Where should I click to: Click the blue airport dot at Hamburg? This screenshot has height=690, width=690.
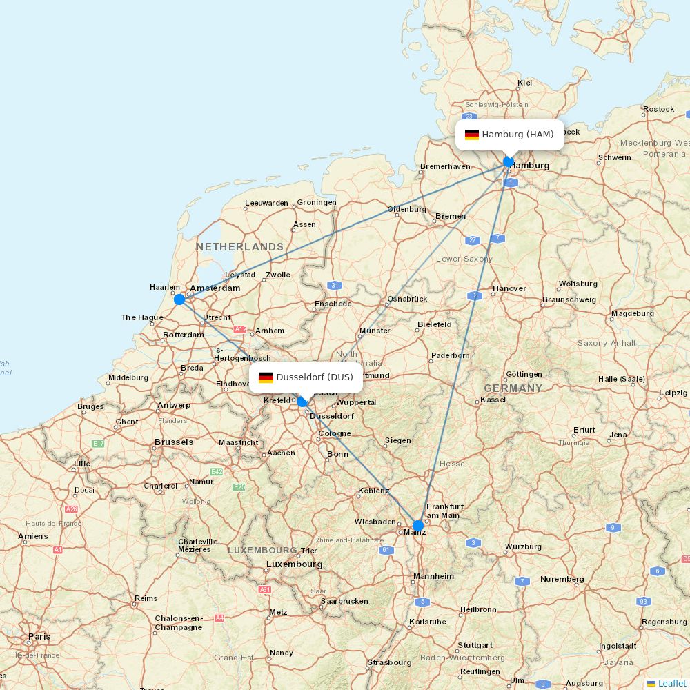[x=509, y=162]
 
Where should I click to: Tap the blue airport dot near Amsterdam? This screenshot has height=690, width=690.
[x=179, y=299]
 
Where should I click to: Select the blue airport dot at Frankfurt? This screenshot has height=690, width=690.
[x=417, y=526]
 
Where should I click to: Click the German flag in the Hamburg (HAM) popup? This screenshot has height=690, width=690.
[x=472, y=135]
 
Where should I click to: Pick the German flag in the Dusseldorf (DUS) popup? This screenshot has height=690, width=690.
[x=266, y=377]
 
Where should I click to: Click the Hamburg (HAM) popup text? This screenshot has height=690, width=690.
[x=517, y=135]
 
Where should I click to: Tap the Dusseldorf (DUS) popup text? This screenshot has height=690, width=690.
[x=315, y=377]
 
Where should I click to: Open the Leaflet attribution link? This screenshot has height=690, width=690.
[x=671, y=683]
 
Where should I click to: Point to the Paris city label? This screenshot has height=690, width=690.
[x=39, y=636]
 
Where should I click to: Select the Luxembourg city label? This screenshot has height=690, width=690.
[x=295, y=564]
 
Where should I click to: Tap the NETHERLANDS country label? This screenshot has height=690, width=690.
[x=239, y=246]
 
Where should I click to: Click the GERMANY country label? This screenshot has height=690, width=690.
[x=513, y=388]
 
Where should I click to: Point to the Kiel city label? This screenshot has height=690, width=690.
[x=525, y=83]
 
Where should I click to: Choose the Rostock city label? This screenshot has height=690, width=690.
[x=658, y=109]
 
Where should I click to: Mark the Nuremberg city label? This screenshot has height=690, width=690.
[x=562, y=579]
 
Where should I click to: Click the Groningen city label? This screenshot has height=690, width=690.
[x=317, y=203]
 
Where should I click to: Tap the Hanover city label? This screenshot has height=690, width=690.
[x=509, y=288]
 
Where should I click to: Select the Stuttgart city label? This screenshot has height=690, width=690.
[x=475, y=646]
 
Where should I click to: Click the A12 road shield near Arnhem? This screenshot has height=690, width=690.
[x=240, y=330]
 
